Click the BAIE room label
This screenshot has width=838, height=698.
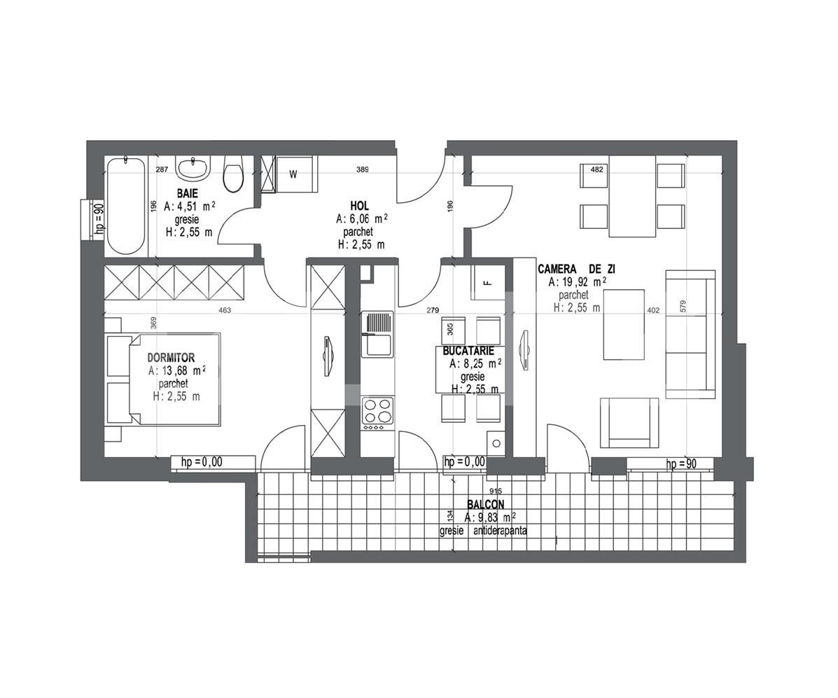point(187,193)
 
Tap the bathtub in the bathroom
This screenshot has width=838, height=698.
point(126,206)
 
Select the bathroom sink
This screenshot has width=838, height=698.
point(192,168)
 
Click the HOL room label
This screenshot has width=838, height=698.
point(360,205)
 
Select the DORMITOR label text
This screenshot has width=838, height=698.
point(172,358)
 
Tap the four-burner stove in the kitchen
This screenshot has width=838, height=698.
point(377,413)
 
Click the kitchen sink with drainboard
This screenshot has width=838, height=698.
point(377,335)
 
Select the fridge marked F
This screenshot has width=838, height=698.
point(488,283)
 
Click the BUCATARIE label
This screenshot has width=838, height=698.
point(468,351)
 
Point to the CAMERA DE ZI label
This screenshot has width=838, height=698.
point(576,269)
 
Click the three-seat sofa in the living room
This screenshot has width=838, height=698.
point(690,334)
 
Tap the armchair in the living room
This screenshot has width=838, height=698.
point(629,422)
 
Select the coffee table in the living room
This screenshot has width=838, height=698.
point(624,324)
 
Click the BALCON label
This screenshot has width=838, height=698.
point(485,504)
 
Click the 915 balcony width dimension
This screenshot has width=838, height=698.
point(496,491)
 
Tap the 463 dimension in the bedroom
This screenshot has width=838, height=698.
point(224,310)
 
